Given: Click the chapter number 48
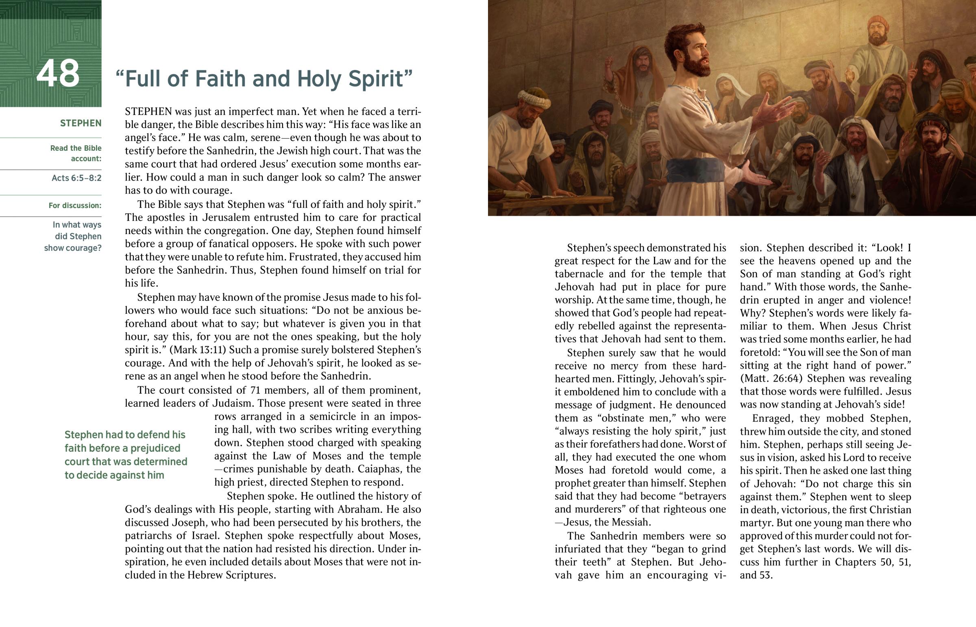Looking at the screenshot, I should click(58, 74).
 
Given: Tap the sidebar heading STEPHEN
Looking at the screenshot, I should click(81, 124).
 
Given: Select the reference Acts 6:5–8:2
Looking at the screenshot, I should click(76, 178).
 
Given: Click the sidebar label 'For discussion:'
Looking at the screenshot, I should click(75, 206).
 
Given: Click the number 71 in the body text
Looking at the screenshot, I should click(255, 390).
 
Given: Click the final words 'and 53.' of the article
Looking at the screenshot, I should click(756, 575).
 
